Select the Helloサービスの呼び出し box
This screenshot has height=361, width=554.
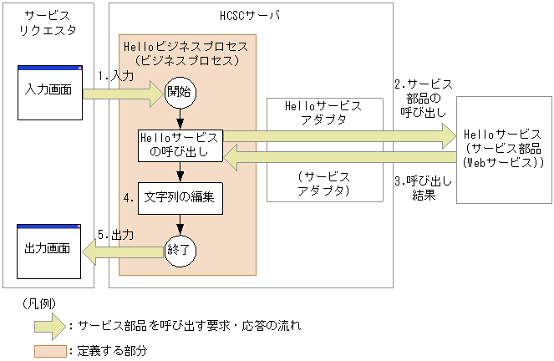[x=180, y=145]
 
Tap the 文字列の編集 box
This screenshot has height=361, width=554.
[x=180, y=198]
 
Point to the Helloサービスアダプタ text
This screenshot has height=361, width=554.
[x=323, y=114]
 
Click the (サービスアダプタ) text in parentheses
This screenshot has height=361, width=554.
[x=323, y=184]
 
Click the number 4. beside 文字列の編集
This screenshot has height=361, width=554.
[x=128, y=199]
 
